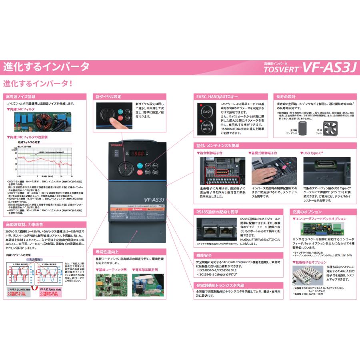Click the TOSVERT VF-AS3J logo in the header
(310, 67)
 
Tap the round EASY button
(206, 112)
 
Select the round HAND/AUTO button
(206, 126)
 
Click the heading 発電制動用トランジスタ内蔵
(220, 285)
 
